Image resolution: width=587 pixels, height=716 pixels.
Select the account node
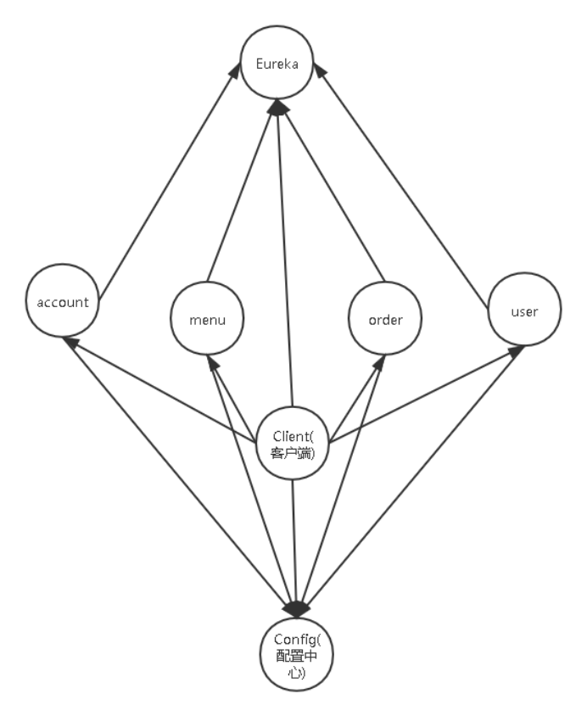coord(64,301)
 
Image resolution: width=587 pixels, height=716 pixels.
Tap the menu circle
coord(206,319)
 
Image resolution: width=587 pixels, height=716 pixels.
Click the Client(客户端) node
coord(293,443)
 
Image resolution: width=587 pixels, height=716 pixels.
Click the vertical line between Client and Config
coord(293,534)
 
